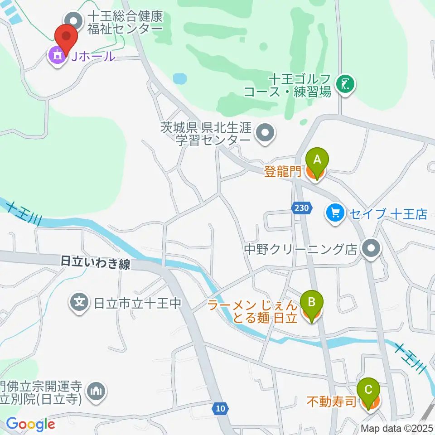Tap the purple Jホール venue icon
point(57,57)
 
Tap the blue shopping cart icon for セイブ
point(335,213)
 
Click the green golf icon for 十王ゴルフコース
point(345,84)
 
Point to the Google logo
point(30,424)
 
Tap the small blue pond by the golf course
point(180,79)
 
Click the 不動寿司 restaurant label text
point(332,401)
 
